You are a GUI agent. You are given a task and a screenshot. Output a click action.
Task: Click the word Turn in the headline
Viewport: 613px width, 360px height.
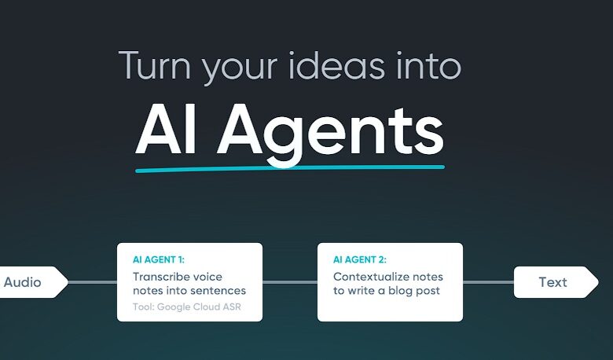[154, 65]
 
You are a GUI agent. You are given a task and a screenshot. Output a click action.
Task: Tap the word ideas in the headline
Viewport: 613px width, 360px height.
[337, 65]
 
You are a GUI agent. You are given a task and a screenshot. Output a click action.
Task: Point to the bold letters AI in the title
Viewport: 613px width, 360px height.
[165, 130]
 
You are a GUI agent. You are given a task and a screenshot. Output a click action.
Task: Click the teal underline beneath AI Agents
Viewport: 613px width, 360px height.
[290, 168]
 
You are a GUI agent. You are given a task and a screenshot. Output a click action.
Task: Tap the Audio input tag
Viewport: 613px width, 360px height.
[34, 282]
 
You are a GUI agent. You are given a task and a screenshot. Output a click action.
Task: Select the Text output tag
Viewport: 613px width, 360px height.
[556, 282]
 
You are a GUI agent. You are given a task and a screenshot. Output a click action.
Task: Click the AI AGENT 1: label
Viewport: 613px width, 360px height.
[159, 259]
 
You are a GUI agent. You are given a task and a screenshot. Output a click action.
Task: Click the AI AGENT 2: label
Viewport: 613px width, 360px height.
[360, 259]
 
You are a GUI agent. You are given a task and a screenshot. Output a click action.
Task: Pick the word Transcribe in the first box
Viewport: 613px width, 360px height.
[161, 277]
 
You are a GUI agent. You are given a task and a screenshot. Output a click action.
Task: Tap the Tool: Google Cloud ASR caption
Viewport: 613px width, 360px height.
[187, 307]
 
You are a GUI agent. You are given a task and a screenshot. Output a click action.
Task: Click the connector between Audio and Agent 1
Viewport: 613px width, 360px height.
[93, 282]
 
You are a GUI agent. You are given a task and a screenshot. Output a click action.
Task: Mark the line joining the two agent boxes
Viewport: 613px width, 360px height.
[290, 282]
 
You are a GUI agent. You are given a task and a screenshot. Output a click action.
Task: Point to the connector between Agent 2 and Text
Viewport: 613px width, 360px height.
[488, 282]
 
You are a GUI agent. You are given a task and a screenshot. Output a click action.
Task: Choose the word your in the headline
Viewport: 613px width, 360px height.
[239, 69]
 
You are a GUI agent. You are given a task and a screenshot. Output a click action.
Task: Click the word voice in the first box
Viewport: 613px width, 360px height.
[208, 277]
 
